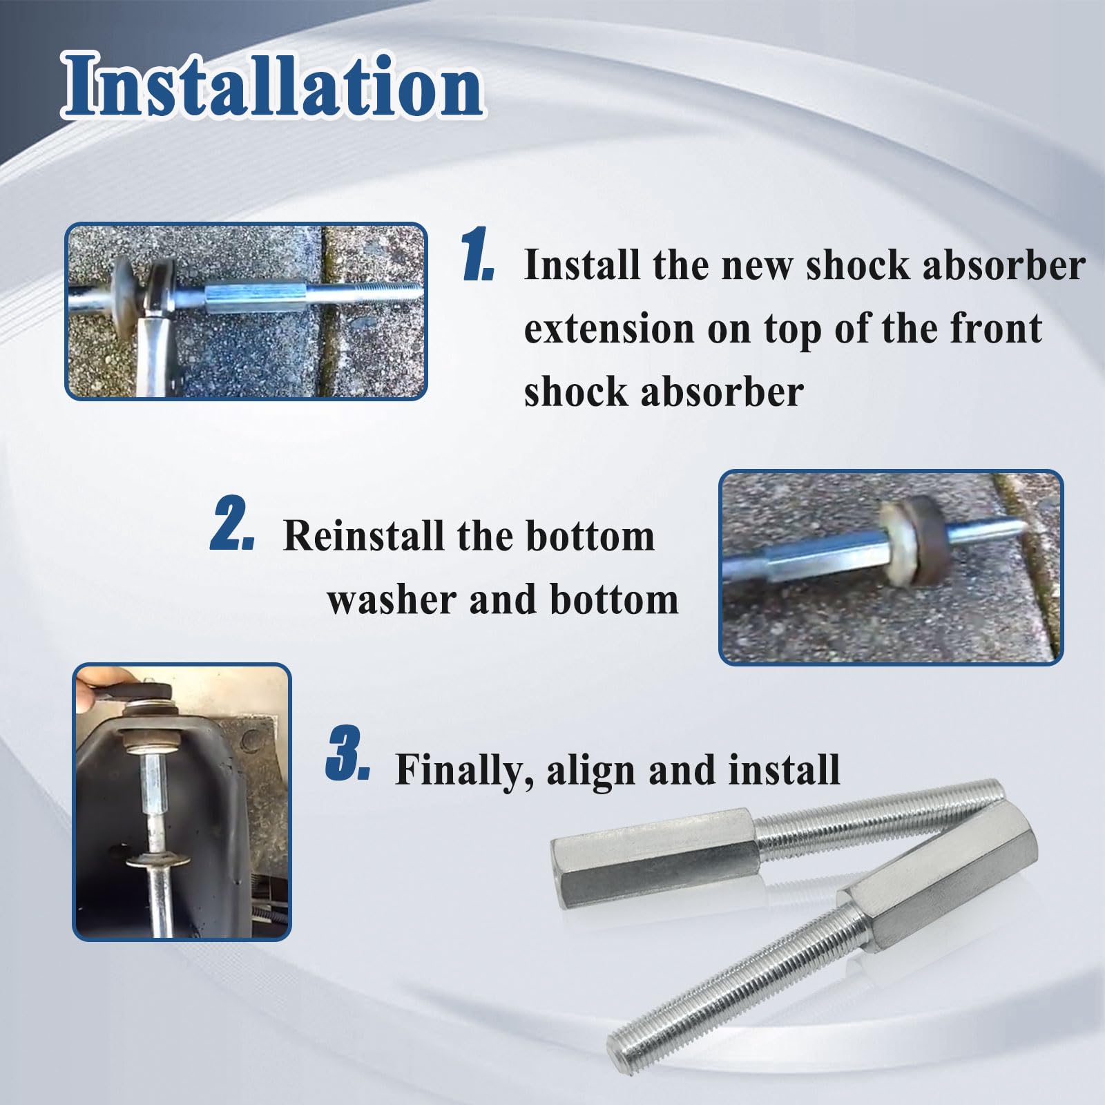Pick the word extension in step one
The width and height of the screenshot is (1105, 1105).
608,329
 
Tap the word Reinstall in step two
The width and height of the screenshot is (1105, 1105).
365,535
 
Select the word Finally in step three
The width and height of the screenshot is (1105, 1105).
463,771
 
